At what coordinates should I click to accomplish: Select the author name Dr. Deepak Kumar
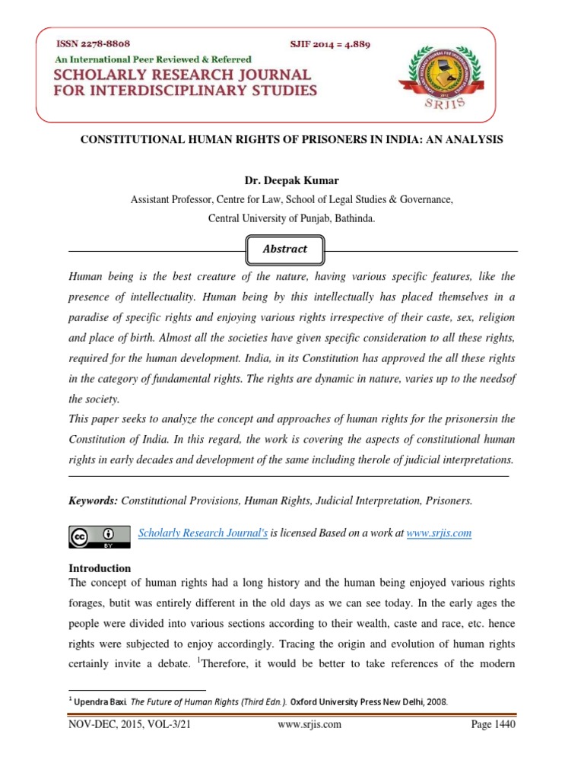(292, 182)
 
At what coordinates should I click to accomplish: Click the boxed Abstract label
(286, 249)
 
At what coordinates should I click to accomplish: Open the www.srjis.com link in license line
(439, 533)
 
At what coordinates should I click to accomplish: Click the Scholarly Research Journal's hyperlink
(203, 533)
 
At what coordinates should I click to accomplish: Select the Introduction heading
(100, 568)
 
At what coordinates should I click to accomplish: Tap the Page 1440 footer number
(494, 725)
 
